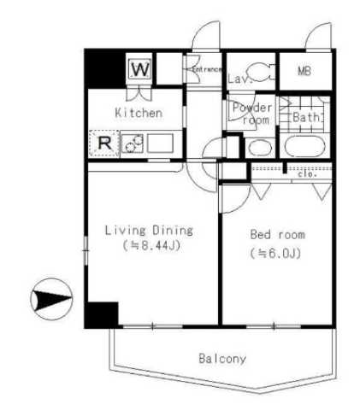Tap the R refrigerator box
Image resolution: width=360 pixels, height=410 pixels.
click(103, 143)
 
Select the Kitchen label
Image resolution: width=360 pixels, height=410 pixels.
click(138, 113)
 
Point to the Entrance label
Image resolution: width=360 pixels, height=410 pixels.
click(206, 69)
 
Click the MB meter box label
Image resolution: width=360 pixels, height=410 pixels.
click(304, 71)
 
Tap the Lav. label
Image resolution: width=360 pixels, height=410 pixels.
click(238, 79)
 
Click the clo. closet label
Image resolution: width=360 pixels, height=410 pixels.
click(307, 176)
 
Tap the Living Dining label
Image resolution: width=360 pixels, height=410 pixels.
click(148, 230)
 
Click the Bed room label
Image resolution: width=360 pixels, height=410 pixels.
click(277, 234)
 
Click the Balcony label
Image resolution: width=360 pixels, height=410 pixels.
click(221, 359)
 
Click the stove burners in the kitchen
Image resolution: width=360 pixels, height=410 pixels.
click(133, 143)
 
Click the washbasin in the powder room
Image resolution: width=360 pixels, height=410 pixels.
click(257, 146)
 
